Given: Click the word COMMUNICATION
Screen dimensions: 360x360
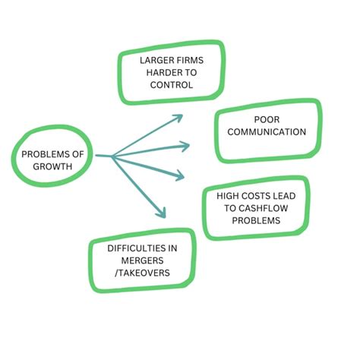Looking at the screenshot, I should (x=267, y=132).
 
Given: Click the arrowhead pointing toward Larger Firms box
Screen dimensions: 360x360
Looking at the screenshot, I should (x=178, y=118).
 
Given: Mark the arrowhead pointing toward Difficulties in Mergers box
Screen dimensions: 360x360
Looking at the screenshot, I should (x=161, y=214).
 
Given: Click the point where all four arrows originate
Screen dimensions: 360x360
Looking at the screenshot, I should (x=112, y=156).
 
